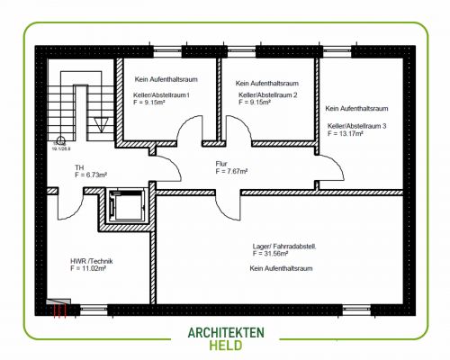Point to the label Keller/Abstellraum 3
[357, 126]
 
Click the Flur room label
[222, 163]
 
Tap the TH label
[79, 167]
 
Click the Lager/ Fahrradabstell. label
[284, 246]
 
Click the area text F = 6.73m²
[92, 175]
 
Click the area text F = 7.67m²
[231, 170]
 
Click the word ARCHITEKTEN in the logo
[225, 332]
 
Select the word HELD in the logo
[225, 346]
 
